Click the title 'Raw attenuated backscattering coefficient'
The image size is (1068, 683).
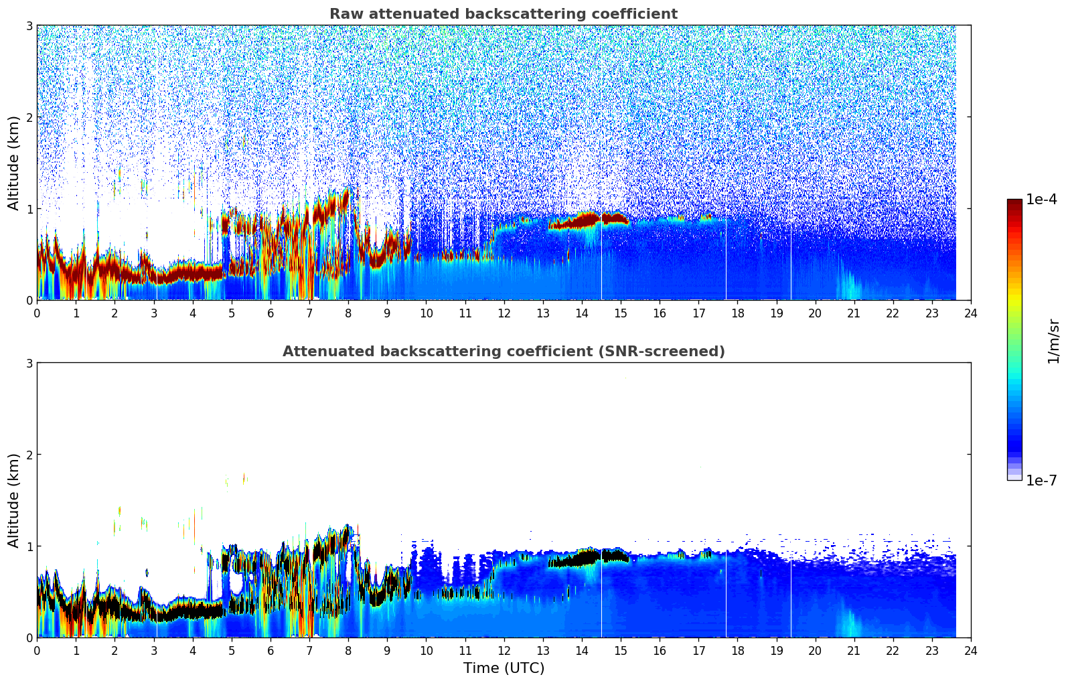tap(503, 14)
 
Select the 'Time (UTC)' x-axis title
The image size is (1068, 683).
tap(504, 668)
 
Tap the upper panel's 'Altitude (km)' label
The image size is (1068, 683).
tap(13, 163)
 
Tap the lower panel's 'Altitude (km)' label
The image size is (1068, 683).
tap(13, 500)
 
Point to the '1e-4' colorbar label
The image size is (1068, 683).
tap(1041, 200)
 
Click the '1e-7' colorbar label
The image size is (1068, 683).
tap(1041, 480)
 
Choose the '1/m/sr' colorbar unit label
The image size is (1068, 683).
tap(1053, 341)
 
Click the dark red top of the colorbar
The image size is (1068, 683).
tap(1014, 203)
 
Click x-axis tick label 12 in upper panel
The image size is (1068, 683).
tap(504, 313)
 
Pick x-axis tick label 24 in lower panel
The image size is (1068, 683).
tap(970, 650)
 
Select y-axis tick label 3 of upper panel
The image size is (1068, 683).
tap(29, 25)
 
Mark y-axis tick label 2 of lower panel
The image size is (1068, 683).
tap(29, 455)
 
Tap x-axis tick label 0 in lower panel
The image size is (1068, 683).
tap(37, 650)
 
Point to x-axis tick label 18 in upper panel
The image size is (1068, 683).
tap(737, 313)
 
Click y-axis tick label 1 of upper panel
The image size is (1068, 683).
tap(29, 209)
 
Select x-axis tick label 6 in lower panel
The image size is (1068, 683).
tap(271, 650)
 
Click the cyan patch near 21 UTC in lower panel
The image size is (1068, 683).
tap(851, 627)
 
